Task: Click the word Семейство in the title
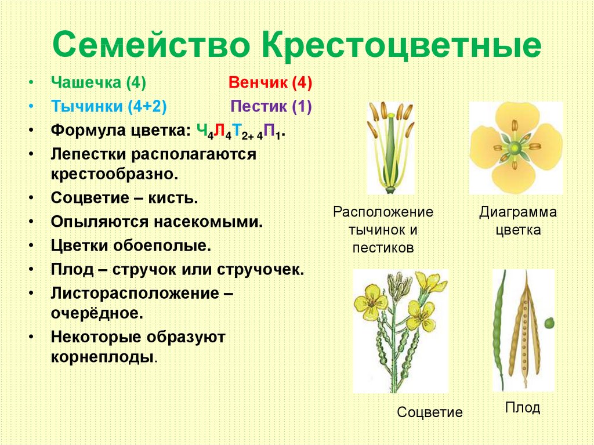(x=151, y=44)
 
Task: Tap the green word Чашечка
(x=86, y=82)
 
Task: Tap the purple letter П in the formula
(x=269, y=131)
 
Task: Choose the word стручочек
(x=260, y=270)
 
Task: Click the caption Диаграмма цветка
(x=518, y=221)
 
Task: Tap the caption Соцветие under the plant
(x=430, y=412)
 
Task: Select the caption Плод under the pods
(x=523, y=408)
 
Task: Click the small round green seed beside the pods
(x=549, y=323)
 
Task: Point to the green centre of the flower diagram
(x=515, y=147)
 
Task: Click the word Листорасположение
(x=135, y=293)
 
